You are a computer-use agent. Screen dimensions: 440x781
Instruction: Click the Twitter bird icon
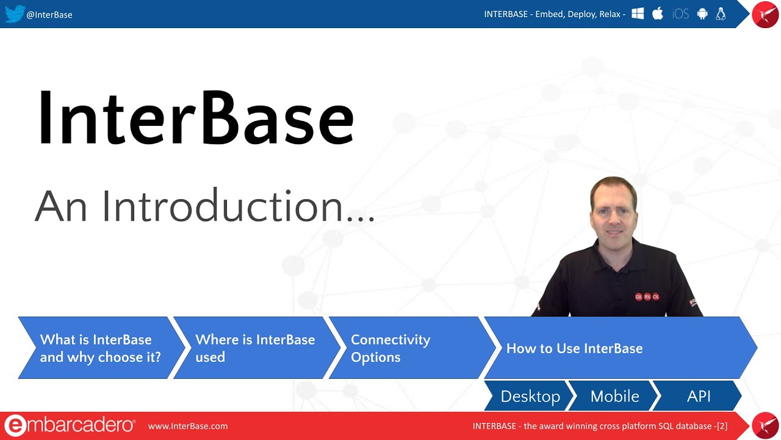(14, 13)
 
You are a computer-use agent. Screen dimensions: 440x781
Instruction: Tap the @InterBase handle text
(49, 15)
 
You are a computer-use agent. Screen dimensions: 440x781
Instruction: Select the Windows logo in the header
(638, 13)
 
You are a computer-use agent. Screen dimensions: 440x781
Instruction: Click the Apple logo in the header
(658, 13)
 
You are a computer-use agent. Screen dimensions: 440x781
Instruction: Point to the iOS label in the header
(680, 14)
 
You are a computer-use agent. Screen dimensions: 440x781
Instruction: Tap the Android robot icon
(702, 13)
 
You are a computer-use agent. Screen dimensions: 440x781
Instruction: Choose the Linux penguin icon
(721, 13)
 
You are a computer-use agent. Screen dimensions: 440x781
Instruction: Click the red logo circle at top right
(765, 15)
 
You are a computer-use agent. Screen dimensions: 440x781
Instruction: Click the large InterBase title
(195, 118)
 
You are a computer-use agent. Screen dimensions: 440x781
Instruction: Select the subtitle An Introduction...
(204, 207)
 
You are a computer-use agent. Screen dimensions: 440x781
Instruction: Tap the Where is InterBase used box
(255, 348)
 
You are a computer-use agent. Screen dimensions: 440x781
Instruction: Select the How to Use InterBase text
(574, 348)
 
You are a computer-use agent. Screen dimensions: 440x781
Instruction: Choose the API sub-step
(699, 396)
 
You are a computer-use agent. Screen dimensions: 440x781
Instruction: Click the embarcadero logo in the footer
(70, 426)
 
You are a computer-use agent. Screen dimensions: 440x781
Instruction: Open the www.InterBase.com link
(188, 426)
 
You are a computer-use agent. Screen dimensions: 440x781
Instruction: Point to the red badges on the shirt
(647, 296)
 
